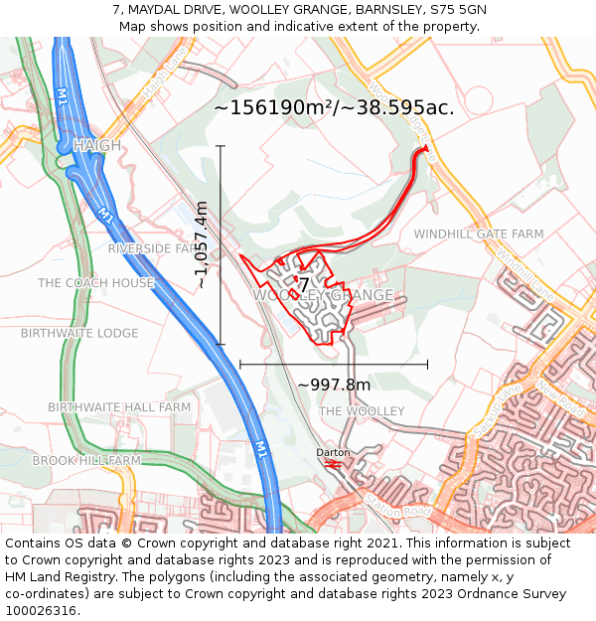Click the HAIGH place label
tap(96, 146)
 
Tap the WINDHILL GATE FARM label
tap(479, 233)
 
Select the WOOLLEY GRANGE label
tap(324, 296)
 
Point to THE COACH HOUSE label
tap(96, 283)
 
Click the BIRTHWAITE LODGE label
tap(79, 333)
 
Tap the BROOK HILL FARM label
tap(86, 461)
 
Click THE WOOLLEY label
tap(362, 411)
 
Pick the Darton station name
tap(333, 453)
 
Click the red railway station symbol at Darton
tap(334, 463)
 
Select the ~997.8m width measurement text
tap(334, 385)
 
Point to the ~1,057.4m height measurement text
tap(202, 245)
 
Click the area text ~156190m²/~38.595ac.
tap(334, 107)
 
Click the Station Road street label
tap(396, 506)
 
